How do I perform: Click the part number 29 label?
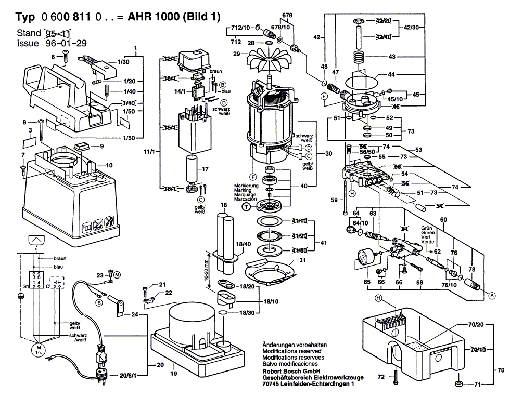[x=237, y=54]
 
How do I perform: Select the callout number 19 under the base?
[x=173, y=373]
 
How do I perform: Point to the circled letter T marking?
[x=247, y=207]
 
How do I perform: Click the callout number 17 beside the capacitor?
[x=205, y=169]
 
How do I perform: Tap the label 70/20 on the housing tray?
[x=476, y=325]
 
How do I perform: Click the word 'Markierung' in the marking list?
[x=246, y=186]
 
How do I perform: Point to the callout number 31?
[x=302, y=260]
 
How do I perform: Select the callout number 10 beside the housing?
[x=109, y=165]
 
